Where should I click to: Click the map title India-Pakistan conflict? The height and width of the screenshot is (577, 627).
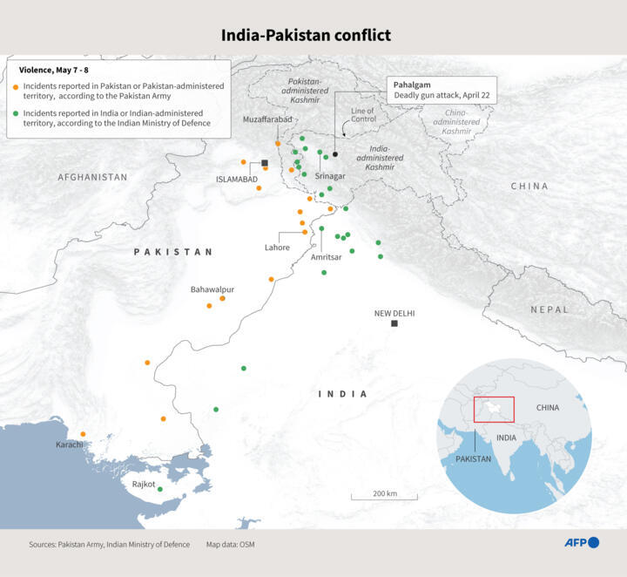click(x=306, y=36)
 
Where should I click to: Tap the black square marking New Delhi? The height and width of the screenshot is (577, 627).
click(x=394, y=323)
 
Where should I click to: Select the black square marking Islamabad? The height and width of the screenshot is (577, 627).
click(x=265, y=163)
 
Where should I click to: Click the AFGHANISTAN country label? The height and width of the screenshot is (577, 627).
click(x=92, y=177)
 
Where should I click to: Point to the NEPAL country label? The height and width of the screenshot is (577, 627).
click(x=549, y=309)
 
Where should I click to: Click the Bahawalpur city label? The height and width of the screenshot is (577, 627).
click(x=212, y=288)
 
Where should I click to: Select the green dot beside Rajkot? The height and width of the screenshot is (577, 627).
click(x=159, y=490)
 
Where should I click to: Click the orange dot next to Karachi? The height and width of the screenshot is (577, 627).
click(x=84, y=434)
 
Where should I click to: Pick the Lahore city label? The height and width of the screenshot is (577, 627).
click(x=277, y=248)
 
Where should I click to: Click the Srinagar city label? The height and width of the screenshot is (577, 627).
click(x=330, y=175)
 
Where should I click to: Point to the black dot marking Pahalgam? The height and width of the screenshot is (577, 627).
click(x=335, y=154)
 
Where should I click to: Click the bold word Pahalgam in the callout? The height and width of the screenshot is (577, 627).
click(x=413, y=85)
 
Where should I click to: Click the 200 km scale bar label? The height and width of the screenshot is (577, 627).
click(x=384, y=493)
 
